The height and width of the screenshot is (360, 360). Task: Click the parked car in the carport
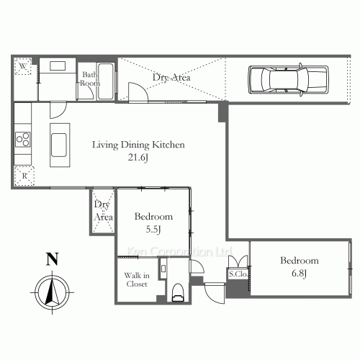tap(288, 79)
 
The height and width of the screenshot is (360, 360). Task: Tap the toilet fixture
tap(178, 293)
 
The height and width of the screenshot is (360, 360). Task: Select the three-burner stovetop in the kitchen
tap(23, 140)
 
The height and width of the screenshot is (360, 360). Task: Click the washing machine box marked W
tap(23, 66)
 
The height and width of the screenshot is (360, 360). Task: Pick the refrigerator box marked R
tap(24, 176)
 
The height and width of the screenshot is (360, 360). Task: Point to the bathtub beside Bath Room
tap(106, 81)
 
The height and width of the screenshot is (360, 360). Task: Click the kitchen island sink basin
tap(59, 145)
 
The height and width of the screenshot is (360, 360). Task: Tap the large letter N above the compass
tap(53, 259)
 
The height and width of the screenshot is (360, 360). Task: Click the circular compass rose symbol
tap(53, 293)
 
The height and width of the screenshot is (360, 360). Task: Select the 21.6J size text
tap(138, 158)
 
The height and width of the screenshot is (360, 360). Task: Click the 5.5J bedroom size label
tap(153, 230)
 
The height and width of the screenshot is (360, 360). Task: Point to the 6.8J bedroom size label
tap(300, 274)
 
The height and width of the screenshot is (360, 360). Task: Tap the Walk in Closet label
tap(137, 279)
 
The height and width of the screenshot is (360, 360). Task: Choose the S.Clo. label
tap(238, 274)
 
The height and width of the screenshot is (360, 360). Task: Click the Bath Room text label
tap(90, 79)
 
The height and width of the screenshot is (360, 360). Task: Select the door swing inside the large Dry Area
tap(138, 92)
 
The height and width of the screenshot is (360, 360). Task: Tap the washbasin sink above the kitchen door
tap(58, 66)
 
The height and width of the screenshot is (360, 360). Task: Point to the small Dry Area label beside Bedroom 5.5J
tap(103, 211)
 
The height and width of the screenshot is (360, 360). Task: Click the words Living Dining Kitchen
tap(138, 145)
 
